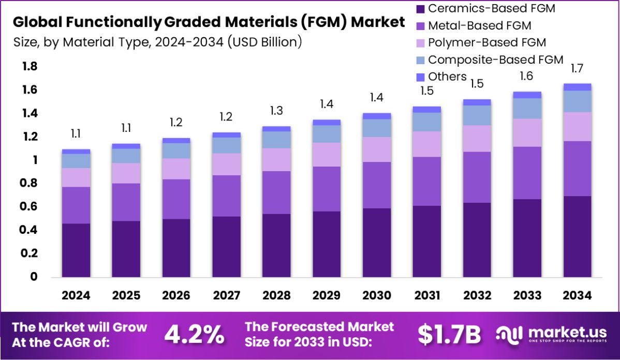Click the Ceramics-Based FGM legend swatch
tap(420, 8)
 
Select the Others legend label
tap(447, 77)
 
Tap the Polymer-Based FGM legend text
tap(487, 42)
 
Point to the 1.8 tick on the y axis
tap(29, 66)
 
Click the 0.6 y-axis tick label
tap(29, 206)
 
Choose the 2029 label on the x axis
tap(327, 295)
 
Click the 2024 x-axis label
tap(76, 295)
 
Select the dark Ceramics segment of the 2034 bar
tap(577, 236)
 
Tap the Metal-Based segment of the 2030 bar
tap(377, 185)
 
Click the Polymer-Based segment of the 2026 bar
tap(176, 169)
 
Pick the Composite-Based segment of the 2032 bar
tap(477, 115)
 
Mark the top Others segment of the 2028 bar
tap(276, 129)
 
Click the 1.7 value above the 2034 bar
tap(577, 68)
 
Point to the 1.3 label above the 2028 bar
tap(276, 111)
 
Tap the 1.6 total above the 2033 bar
tap(527, 76)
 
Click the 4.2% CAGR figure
tap(195, 335)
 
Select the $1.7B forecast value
tap(449, 335)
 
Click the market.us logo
tap(552, 335)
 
